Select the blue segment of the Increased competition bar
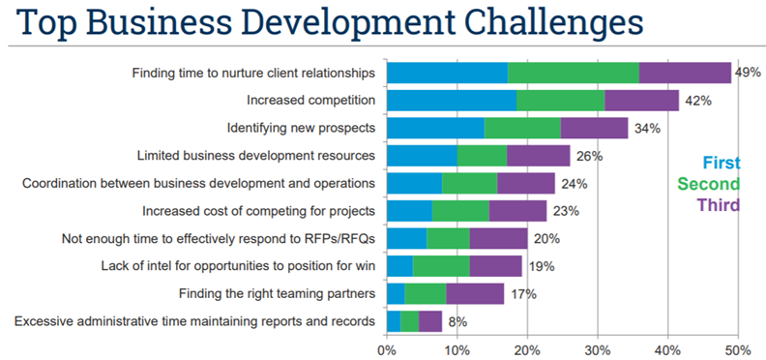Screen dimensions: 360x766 click(451, 100)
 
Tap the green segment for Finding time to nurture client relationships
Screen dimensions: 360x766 click(574, 73)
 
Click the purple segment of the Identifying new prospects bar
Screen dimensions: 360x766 click(594, 128)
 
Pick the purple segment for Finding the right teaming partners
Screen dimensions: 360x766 click(475, 294)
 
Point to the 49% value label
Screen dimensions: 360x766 click(749, 72)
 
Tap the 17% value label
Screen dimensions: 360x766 click(523, 294)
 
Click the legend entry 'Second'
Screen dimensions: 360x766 click(709, 184)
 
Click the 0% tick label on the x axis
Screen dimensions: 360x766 click(387, 348)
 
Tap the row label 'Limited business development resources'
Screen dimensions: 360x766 click(256, 155)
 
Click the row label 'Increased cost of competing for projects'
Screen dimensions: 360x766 click(258, 210)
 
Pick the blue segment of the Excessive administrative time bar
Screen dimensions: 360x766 click(393, 321)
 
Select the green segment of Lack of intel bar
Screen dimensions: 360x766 click(441, 266)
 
